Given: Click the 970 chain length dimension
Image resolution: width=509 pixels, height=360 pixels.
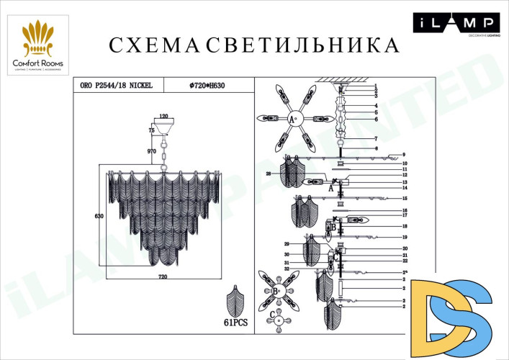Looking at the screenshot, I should pyautogui.click(x=152, y=152).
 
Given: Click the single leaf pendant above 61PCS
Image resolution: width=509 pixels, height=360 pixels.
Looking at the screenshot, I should pyautogui.click(x=235, y=300).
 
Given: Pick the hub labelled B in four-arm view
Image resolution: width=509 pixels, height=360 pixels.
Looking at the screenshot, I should pyautogui.click(x=276, y=291).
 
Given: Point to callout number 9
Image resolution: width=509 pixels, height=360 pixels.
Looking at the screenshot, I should pyautogui.click(x=404, y=155).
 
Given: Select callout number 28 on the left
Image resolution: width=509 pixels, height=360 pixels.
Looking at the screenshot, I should pyautogui.click(x=269, y=174).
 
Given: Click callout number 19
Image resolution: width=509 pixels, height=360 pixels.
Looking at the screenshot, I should pyautogui.click(x=405, y=237).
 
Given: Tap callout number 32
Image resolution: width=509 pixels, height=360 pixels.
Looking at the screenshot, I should pyautogui.click(x=287, y=269).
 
